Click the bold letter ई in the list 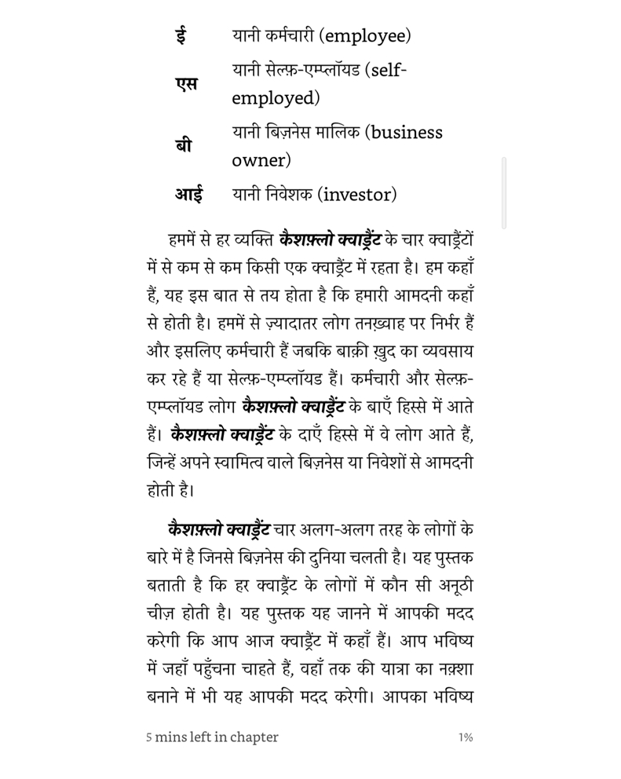pos(181,36)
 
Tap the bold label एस pos(186,84)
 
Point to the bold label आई pos(188,194)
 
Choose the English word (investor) pos(357,194)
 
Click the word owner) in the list pos(261,161)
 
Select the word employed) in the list pos(276,98)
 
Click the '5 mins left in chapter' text pos(212,737)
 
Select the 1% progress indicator pos(466,737)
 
